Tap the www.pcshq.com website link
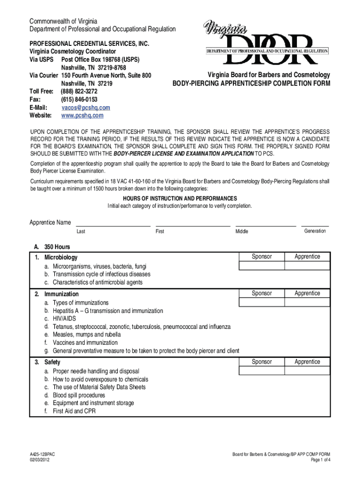82,116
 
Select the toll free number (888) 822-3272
79,92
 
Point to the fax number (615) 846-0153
79,100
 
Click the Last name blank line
113,225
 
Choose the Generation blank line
315,225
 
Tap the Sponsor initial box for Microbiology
262,266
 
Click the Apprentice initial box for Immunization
307,303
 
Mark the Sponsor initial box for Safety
262,371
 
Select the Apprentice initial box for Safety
307,371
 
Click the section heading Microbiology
61,257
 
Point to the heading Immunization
61,294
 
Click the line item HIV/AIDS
64,319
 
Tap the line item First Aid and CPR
74,411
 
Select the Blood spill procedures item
79,395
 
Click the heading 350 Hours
57,247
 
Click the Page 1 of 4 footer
320,460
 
